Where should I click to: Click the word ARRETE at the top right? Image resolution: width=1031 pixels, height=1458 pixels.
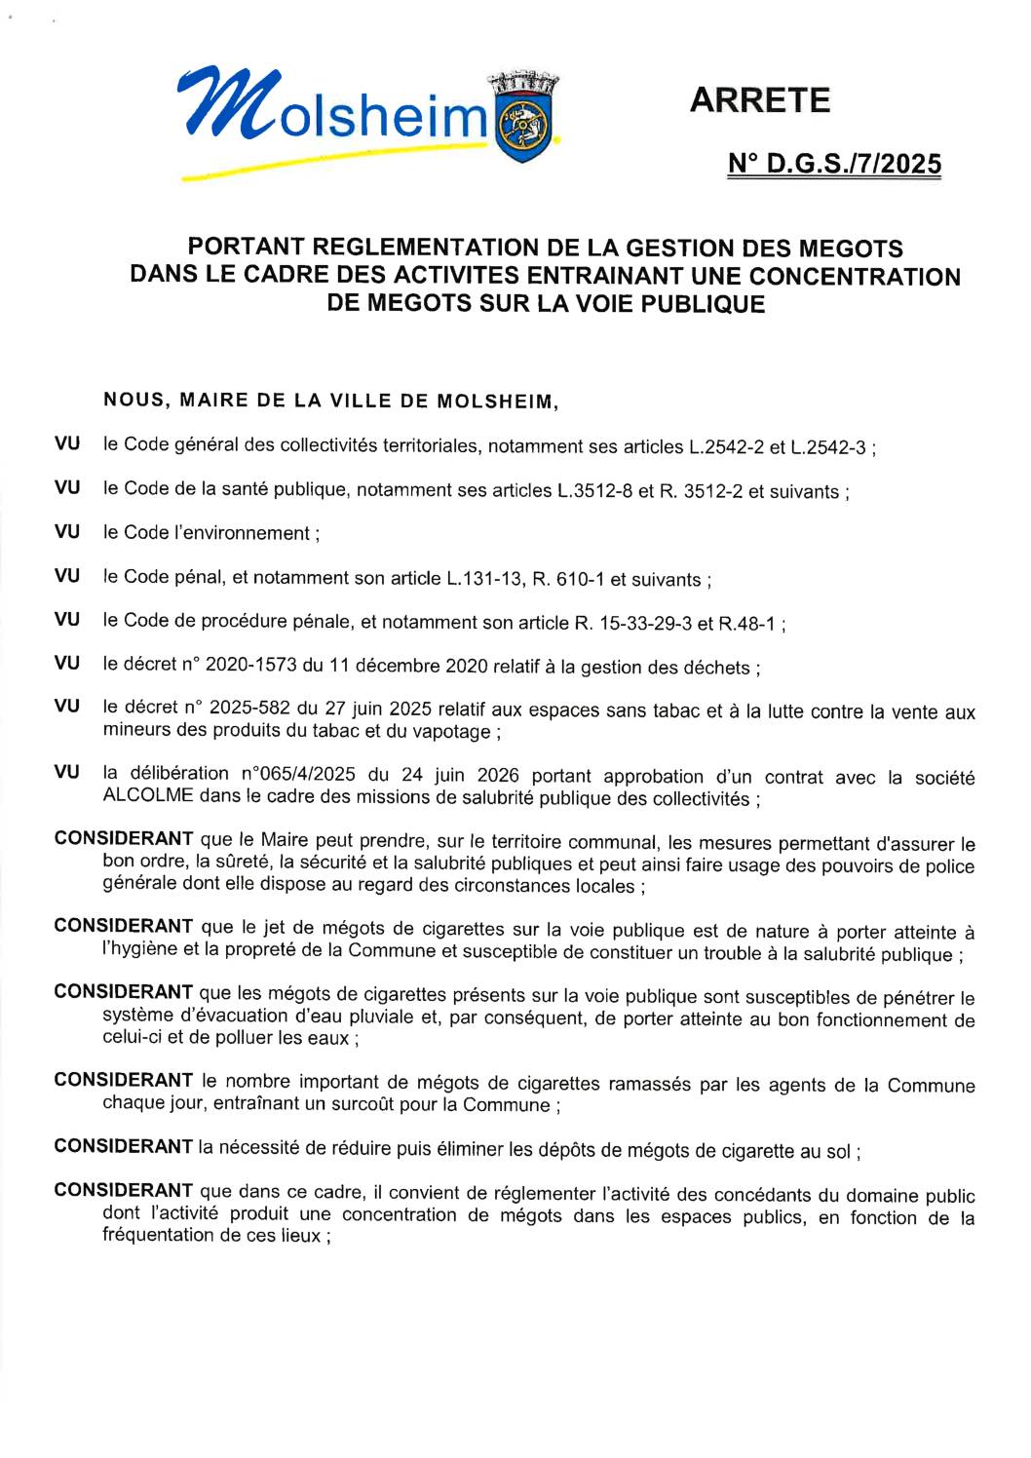tap(759, 100)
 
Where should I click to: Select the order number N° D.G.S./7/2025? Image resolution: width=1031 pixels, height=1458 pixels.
tap(834, 164)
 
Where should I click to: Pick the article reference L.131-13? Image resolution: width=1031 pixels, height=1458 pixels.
tap(483, 579)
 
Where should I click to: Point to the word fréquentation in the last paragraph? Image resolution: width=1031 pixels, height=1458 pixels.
tap(159, 1235)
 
